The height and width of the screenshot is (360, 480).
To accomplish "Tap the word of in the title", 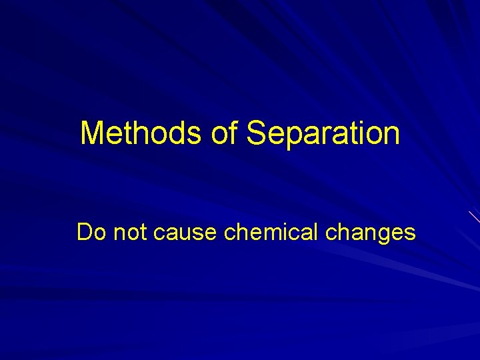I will pyautogui.click(x=224, y=133).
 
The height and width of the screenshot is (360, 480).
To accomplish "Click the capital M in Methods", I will pyautogui.click(x=91, y=133).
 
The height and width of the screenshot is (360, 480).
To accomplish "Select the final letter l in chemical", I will pyautogui.click(x=315, y=232).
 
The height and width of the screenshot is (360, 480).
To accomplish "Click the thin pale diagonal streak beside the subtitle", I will pyautogui.click(x=474, y=217).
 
